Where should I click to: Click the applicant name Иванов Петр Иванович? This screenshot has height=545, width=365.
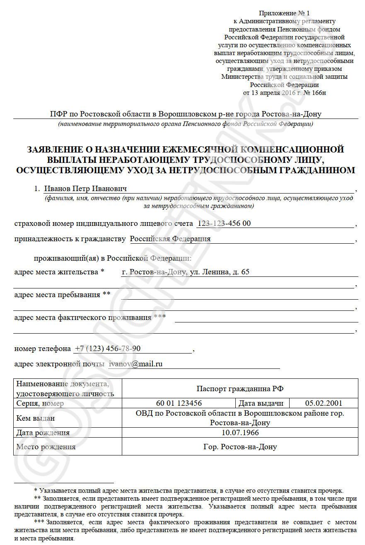(85, 189)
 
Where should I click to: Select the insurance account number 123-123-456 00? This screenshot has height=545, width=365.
(224, 224)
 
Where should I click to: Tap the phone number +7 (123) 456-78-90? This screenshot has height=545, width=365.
(107, 349)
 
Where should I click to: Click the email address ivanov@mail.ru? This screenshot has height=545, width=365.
(135, 364)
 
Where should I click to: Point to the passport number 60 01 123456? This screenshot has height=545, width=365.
(179, 403)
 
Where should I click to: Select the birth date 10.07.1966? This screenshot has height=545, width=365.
(240, 433)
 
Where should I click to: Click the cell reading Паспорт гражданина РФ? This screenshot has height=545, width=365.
(240, 388)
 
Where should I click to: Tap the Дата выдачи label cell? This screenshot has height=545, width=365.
(262, 403)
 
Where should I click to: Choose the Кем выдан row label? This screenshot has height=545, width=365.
(35, 418)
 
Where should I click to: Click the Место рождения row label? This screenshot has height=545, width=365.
(46, 447)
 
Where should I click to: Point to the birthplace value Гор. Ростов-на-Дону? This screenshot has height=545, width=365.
(240, 447)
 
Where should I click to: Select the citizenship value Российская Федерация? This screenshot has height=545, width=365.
(170, 239)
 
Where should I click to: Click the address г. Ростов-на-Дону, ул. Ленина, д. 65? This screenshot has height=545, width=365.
(186, 272)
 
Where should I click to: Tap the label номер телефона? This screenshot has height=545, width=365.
(43, 349)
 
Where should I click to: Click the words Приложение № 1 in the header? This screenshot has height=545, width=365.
(284, 14)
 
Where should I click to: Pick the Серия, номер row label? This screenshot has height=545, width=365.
(40, 403)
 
